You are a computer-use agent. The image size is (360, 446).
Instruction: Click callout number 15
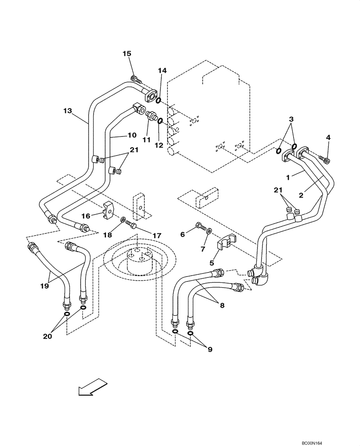(127, 54)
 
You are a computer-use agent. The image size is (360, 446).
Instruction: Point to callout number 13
(67, 110)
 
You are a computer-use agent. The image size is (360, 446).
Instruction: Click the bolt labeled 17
(132, 224)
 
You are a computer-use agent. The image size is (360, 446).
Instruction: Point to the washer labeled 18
(123, 219)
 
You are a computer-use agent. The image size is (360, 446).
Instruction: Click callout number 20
(47, 336)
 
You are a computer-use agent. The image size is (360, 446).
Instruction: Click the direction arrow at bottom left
(93, 386)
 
